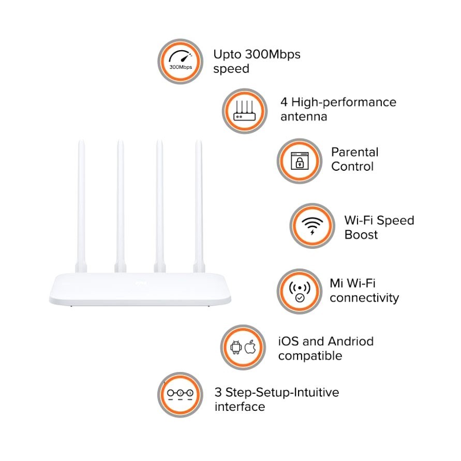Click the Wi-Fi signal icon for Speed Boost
pyautogui.click(x=312, y=226)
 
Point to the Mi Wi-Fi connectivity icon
pyautogui.click(x=300, y=291)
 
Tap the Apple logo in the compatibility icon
pyautogui.click(x=250, y=347)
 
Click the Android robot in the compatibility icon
pyautogui.click(x=236, y=347)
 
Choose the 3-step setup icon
pyautogui.click(x=180, y=394)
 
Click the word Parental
pyautogui.click(x=355, y=152)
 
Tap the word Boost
pyautogui.click(x=361, y=235)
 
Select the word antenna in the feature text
pyautogui.click(x=304, y=117)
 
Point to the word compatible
pyautogui.click(x=310, y=356)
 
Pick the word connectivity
pyautogui.click(x=364, y=298)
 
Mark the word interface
pyautogui.click(x=240, y=407)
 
